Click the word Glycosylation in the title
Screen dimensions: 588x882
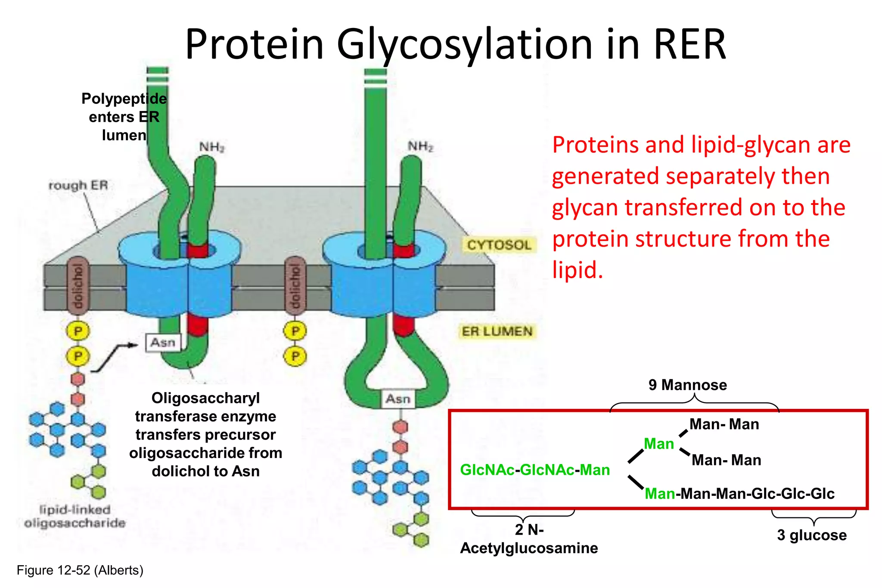(x=465, y=45)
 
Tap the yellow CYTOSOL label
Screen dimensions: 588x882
(x=499, y=245)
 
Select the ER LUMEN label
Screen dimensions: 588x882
(x=497, y=331)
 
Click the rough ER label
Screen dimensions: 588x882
(x=78, y=186)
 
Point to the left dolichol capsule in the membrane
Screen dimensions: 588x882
(x=78, y=286)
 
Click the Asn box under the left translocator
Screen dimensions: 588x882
(x=163, y=343)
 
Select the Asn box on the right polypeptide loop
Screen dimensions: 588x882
(x=398, y=399)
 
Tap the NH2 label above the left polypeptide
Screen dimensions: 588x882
(x=211, y=147)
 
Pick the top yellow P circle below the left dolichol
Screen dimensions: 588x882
(x=78, y=331)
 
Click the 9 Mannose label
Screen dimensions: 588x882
(x=687, y=385)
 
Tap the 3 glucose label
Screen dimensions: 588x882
(x=811, y=535)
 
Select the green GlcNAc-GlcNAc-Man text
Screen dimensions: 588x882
(x=535, y=470)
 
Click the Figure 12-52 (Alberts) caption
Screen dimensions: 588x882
(x=80, y=570)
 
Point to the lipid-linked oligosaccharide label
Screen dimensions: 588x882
(x=75, y=516)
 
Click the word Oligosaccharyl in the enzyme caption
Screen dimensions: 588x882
(x=205, y=398)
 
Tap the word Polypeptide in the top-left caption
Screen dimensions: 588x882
(x=124, y=99)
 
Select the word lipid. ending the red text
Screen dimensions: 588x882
(x=577, y=270)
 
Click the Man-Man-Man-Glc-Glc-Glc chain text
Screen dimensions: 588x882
(x=739, y=493)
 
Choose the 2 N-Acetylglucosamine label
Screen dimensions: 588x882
(x=529, y=539)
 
